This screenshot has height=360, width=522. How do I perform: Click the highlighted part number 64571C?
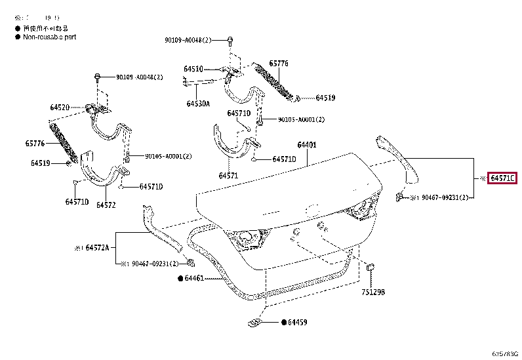[503, 178]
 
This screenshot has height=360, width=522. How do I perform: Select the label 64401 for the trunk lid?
[307, 145]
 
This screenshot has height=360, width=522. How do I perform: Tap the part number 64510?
[193, 69]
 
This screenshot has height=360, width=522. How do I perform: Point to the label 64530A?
[197, 104]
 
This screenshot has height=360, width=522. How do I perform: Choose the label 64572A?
[96, 248]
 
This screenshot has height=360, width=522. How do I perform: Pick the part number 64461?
[194, 279]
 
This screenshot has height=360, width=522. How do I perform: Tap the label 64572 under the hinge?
[106, 205]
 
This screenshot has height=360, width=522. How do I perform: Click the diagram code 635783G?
[504, 353]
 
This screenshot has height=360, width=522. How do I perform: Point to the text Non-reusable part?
[50, 37]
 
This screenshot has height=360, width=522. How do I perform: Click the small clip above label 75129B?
[369, 268]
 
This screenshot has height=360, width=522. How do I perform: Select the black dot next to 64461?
[180, 279]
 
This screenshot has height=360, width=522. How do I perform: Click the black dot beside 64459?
[283, 323]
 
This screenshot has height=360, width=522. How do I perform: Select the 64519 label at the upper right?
[325, 98]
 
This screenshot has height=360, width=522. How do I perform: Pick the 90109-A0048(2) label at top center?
[189, 41]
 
